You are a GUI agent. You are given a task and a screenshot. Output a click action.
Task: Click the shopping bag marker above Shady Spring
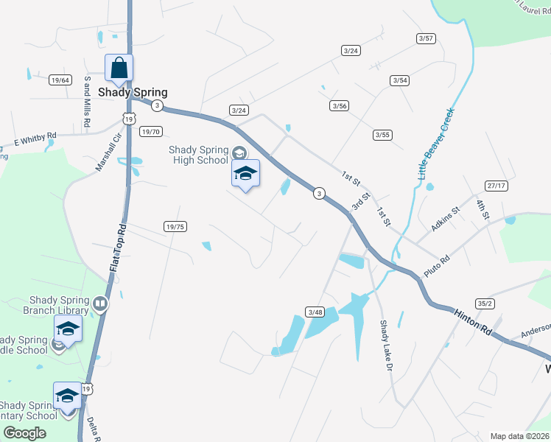(119, 69)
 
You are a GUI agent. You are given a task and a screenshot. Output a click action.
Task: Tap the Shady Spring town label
(133, 93)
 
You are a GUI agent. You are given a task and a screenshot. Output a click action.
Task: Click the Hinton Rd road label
(472, 322)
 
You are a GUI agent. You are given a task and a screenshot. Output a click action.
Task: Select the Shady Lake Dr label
(384, 345)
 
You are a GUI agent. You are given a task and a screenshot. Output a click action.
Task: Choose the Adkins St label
(446, 219)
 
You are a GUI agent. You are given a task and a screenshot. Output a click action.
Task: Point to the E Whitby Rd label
(35, 138)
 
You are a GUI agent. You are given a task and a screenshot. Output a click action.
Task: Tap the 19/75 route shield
(175, 227)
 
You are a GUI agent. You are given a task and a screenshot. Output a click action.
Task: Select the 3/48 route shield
(315, 312)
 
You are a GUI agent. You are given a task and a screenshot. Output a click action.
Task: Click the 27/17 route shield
(496, 186)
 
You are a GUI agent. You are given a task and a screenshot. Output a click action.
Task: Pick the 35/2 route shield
(484, 303)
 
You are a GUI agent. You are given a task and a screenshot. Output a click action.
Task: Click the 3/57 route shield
(426, 38)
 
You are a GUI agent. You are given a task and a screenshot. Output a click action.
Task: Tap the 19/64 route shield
(60, 80)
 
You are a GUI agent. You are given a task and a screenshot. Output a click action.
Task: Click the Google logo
(24, 433)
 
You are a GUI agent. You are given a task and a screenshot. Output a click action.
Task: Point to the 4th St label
(482, 208)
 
